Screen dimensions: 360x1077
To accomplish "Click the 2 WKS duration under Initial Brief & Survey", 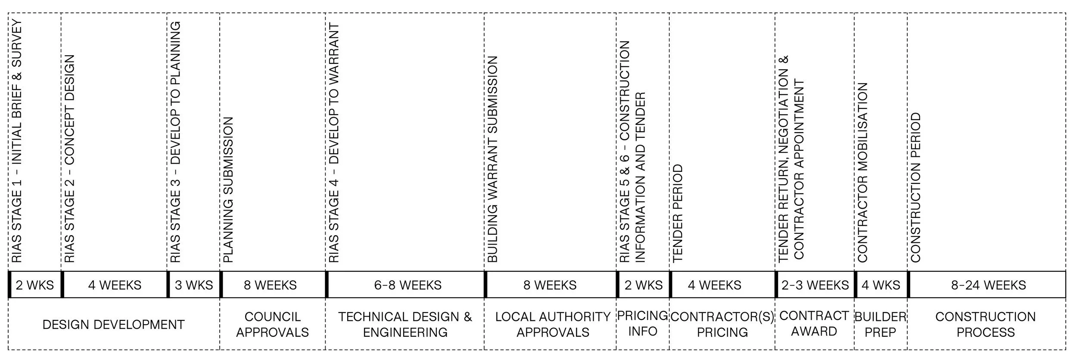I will click(x=35, y=285).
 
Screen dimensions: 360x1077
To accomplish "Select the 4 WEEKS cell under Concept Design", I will click(x=115, y=285).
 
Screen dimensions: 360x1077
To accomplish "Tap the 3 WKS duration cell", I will click(x=194, y=285).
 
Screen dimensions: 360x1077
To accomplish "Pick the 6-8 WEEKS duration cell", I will click(x=408, y=285).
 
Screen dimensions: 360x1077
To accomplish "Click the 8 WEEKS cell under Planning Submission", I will click(x=270, y=285).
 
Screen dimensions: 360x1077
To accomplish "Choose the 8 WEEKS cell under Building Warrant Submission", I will click(x=550, y=285).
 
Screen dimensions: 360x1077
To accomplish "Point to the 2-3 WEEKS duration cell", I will click(x=815, y=285).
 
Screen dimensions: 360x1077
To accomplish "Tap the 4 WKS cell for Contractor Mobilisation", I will click(x=881, y=285).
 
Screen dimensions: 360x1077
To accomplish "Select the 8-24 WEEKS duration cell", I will click(x=988, y=285).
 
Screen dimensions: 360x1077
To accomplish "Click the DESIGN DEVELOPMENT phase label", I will click(x=113, y=324).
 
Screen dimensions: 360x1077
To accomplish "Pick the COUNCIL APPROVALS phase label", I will click(x=272, y=324).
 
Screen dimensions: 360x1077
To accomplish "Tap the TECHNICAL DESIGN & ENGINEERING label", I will click(x=405, y=324).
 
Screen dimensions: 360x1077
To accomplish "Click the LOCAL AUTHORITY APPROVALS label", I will click(x=553, y=324).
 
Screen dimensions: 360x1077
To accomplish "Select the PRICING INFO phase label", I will click(x=642, y=323).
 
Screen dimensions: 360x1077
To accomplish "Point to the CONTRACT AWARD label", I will click(x=814, y=323).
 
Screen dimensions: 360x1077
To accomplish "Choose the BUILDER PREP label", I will click(x=880, y=324).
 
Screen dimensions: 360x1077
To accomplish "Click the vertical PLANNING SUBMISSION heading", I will click(x=228, y=189).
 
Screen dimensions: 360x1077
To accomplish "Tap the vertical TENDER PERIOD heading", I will click(x=678, y=213).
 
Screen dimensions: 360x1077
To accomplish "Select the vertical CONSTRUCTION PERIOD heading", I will click(x=915, y=187).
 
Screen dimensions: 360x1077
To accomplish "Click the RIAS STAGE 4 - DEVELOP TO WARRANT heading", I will click(x=334, y=142).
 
